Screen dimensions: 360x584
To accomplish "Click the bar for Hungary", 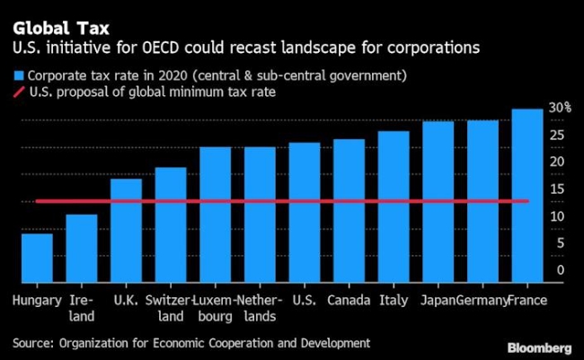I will tap(37, 259).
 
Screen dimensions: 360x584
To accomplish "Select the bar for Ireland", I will tap(82, 249).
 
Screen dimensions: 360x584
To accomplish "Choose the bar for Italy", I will tap(394, 207).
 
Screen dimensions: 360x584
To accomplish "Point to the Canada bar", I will tap(349, 211).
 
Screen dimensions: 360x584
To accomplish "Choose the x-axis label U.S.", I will tap(304, 300).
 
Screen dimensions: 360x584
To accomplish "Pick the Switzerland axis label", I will tap(170, 307).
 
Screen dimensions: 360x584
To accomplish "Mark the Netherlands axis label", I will tap(260, 307).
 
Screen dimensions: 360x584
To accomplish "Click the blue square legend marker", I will tap(18, 75).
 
